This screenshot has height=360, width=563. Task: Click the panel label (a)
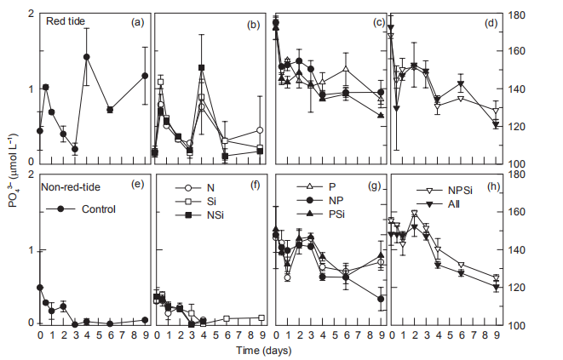click(135, 23)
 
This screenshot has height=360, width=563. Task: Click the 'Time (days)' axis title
click(267, 350)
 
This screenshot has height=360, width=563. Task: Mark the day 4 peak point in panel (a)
click(87, 57)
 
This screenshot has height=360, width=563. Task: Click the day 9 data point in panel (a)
click(145, 77)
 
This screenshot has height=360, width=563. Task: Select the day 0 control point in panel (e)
click(40, 288)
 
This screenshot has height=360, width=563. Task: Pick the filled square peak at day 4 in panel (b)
click(201, 67)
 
